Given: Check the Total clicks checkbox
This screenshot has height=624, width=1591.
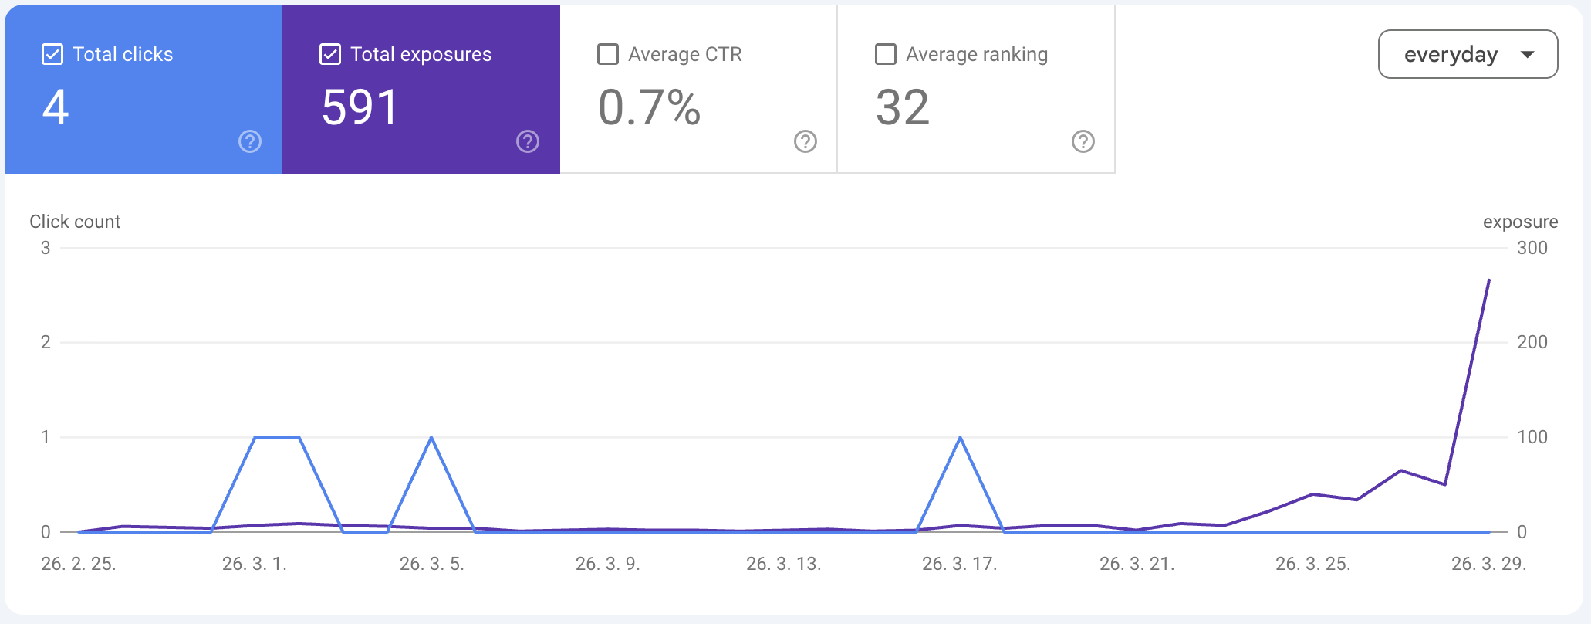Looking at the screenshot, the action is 52,54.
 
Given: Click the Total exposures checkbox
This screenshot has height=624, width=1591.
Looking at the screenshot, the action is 330,54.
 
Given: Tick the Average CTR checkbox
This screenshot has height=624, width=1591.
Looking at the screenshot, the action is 608,54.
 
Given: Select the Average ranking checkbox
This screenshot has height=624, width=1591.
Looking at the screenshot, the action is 886,54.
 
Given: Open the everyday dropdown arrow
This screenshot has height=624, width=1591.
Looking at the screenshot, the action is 1527,55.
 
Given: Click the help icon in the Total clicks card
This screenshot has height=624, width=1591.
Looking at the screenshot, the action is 250,141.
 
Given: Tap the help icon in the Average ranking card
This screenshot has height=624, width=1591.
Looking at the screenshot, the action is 1083,141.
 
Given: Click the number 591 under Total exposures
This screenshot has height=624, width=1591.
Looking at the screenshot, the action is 360,107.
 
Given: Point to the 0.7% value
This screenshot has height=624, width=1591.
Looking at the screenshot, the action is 650,107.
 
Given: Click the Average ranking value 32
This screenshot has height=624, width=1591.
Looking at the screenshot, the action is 903,107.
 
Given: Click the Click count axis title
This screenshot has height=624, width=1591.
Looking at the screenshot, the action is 75,222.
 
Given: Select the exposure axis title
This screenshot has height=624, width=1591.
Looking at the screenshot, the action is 1520,222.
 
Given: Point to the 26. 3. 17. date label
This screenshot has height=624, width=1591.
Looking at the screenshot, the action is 960,564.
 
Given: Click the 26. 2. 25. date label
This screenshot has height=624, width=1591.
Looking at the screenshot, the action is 79,564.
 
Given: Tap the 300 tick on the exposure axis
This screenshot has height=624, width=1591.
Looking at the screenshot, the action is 1532,248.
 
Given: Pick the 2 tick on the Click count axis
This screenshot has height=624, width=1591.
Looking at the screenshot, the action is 46,342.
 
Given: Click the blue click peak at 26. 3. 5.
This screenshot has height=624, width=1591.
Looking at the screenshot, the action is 431,438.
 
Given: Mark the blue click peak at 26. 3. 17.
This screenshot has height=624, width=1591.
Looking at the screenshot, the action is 960,438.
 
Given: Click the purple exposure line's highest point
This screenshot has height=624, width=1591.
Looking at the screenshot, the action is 1488,280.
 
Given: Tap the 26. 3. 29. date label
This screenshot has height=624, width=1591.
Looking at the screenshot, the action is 1489,564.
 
